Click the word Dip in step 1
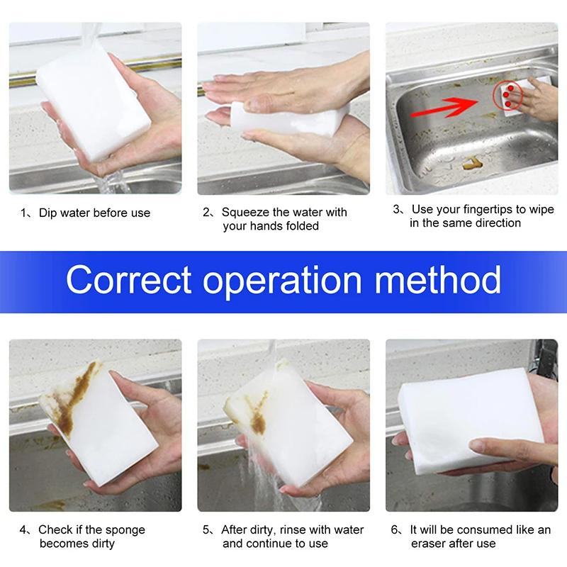48,213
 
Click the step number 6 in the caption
395,530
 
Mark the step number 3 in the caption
396,210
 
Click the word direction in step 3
497,223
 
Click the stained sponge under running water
283,418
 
